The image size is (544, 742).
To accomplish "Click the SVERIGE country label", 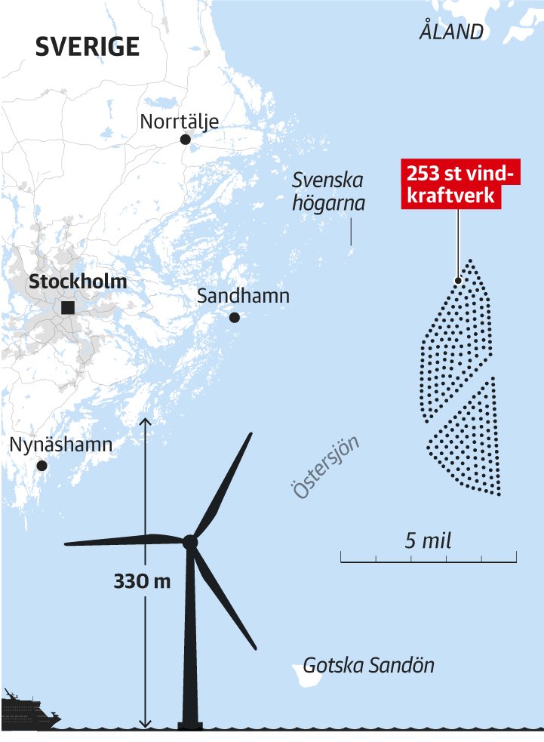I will (x=88, y=46).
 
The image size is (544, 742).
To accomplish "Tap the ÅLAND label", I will (x=451, y=32).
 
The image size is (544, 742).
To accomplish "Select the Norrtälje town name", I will (x=180, y=121).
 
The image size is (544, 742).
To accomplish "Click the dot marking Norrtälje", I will (x=185, y=140).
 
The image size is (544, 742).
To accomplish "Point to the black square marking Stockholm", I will (x=68, y=307).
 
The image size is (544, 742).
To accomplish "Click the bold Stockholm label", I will (x=78, y=282).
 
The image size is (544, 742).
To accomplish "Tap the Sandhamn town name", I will (x=243, y=296).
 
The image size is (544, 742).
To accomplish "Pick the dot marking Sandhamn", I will (x=235, y=318).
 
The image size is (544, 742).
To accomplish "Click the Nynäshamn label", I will (x=60, y=445).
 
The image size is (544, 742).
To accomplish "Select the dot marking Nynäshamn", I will (x=42, y=466).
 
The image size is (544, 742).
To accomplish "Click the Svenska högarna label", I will (x=328, y=192).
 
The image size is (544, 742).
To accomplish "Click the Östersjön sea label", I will (x=324, y=467).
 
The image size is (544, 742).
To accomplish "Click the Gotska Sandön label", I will (x=369, y=666).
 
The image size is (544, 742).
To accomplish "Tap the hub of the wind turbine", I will (x=190, y=541).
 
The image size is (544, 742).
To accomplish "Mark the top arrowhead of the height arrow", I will (x=146, y=421).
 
